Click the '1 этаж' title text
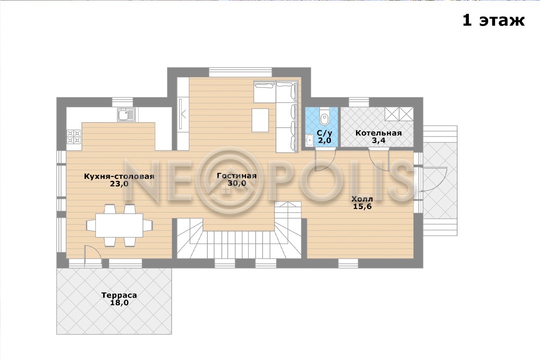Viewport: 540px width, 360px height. (x=493, y=21)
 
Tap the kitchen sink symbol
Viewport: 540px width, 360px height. (x=126, y=115)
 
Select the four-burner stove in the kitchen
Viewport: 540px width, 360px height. (x=74, y=137)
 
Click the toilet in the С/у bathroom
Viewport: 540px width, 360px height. (x=324, y=117)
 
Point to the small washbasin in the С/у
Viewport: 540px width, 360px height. (x=309, y=140)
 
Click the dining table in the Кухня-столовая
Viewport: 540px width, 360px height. (x=119, y=225)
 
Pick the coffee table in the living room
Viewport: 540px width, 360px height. (x=260, y=120)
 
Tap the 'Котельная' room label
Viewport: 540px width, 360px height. (x=378, y=133)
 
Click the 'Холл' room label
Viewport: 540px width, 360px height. (x=362, y=199)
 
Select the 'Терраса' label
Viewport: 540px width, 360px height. (x=119, y=295)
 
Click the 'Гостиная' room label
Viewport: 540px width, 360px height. (x=237, y=175)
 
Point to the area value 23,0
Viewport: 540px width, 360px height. (x=119, y=184)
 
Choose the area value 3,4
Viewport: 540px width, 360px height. (x=378, y=140)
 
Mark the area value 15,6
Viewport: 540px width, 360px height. (x=362, y=207)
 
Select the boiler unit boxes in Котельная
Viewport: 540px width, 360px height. (x=399, y=114)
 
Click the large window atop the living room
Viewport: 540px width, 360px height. (x=240, y=72)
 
